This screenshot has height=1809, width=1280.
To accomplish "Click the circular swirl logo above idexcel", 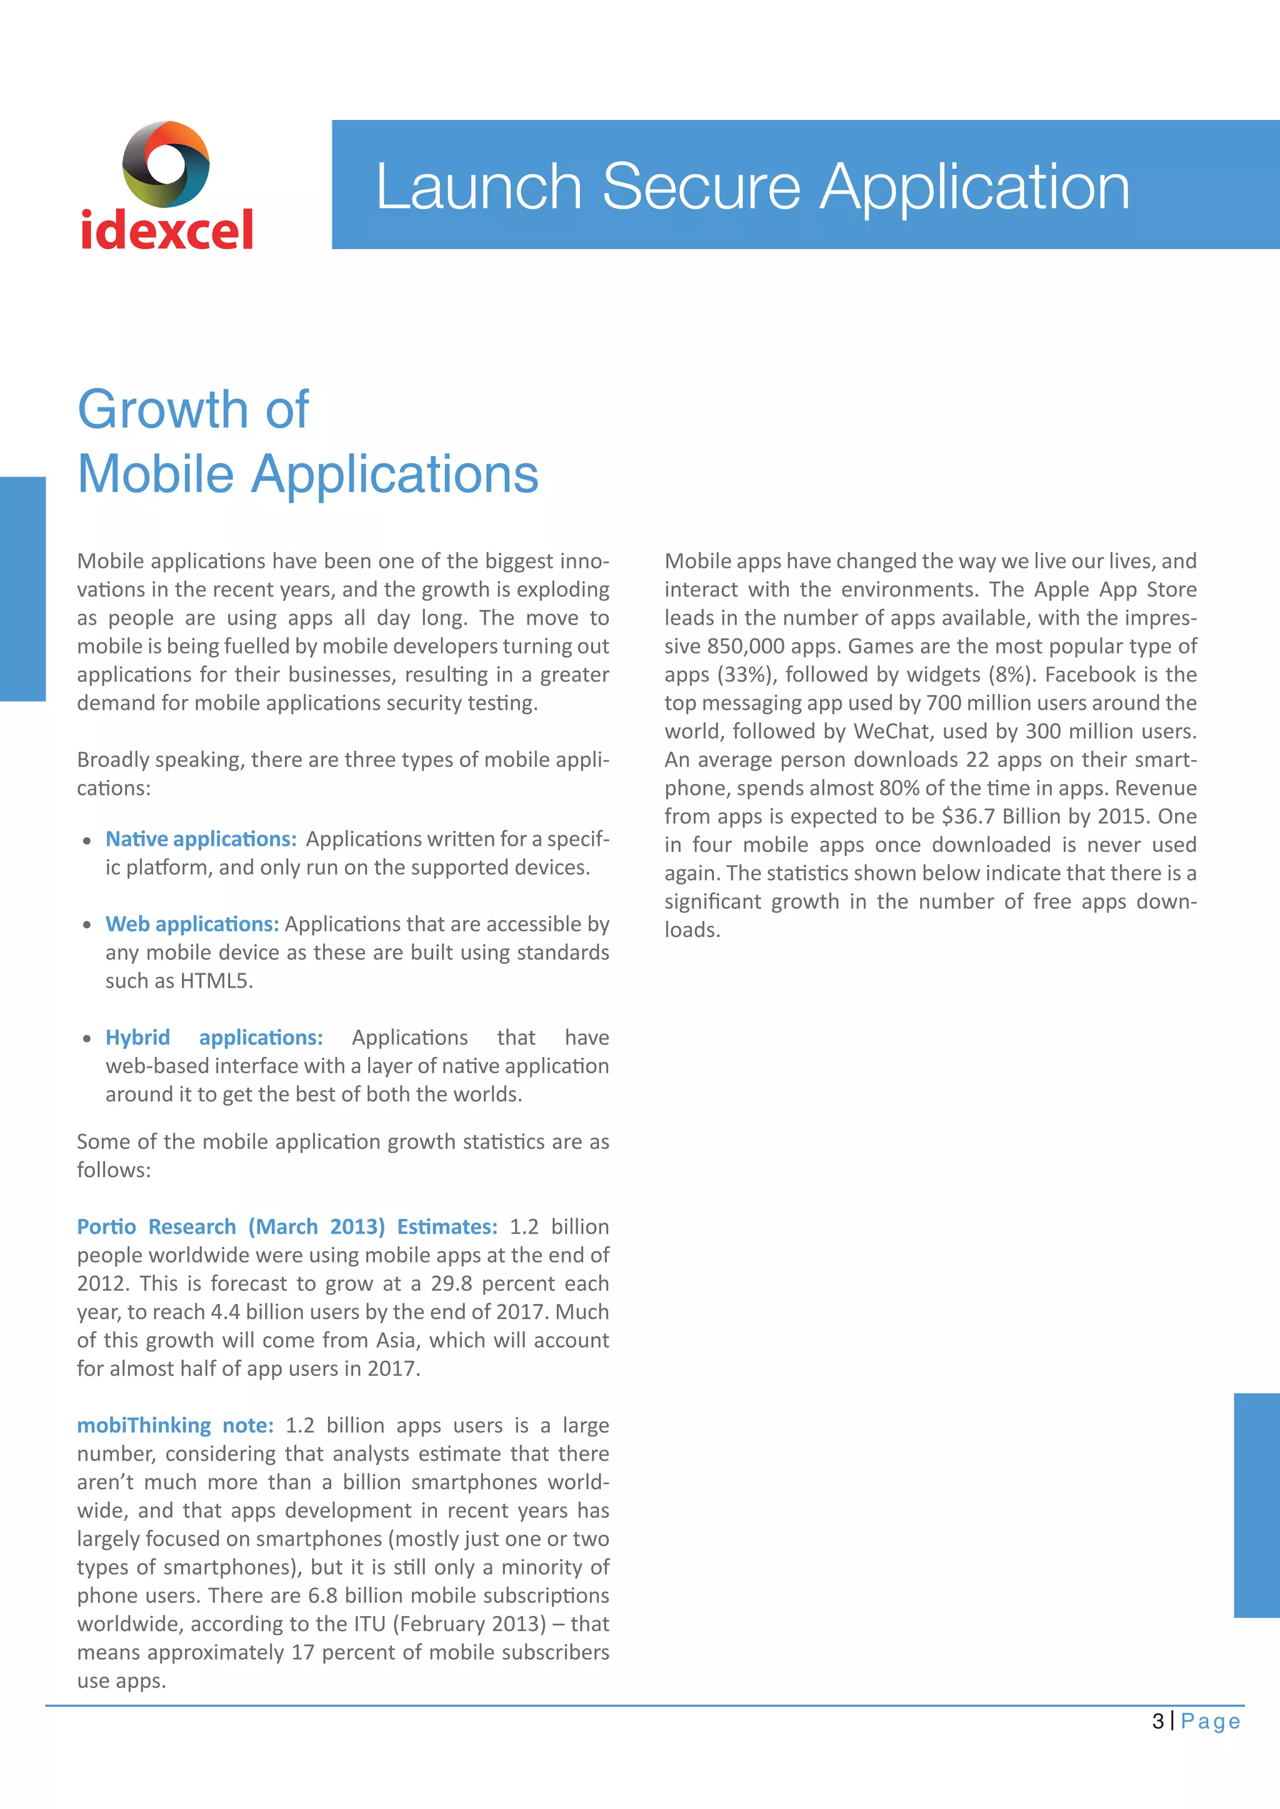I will [166, 164].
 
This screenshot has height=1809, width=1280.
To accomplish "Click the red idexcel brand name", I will [167, 230].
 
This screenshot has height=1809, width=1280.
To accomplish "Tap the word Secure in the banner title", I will [701, 187].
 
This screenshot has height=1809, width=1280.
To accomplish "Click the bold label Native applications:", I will [201, 839].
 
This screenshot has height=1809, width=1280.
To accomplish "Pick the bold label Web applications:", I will [192, 924].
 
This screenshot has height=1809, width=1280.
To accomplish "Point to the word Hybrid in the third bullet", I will [138, 1038].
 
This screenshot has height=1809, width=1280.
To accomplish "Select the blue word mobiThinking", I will [144, 1425].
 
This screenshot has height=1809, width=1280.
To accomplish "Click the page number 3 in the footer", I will [1158, 1722].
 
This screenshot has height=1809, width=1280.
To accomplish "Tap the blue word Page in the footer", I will [1211, 1722].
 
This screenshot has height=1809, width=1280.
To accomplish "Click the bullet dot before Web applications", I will [87, 925].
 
